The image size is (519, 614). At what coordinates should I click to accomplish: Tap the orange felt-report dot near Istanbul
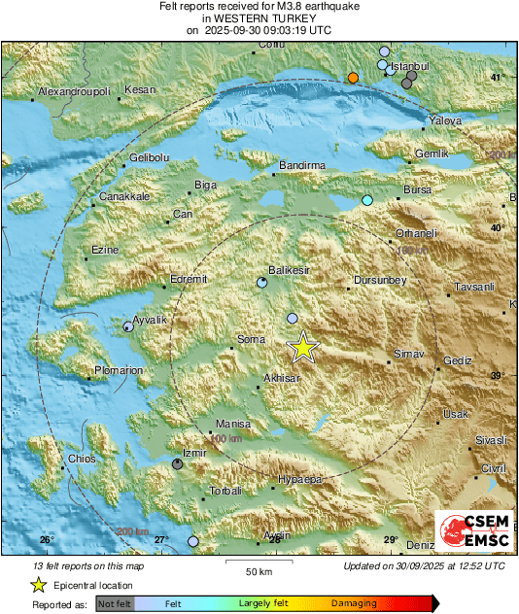tap(353, 78)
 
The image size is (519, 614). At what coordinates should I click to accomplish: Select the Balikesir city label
tap(289, 271)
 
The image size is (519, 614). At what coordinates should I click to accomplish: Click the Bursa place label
tap(416, 189)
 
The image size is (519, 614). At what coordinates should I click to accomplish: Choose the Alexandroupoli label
tap(75, 92)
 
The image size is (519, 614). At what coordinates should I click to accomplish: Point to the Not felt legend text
tap(116, 603)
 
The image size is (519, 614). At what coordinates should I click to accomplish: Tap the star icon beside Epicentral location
tap(38, 585)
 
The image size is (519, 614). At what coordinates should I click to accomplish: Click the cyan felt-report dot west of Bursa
tap(367, 200)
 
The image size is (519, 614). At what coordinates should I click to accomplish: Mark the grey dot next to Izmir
tap(177, 464)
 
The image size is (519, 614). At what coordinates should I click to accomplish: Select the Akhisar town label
tap(283, 380)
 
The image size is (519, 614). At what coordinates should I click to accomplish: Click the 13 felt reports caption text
tap(73, 565)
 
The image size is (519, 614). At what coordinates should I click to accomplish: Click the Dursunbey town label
tap(377, 281)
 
